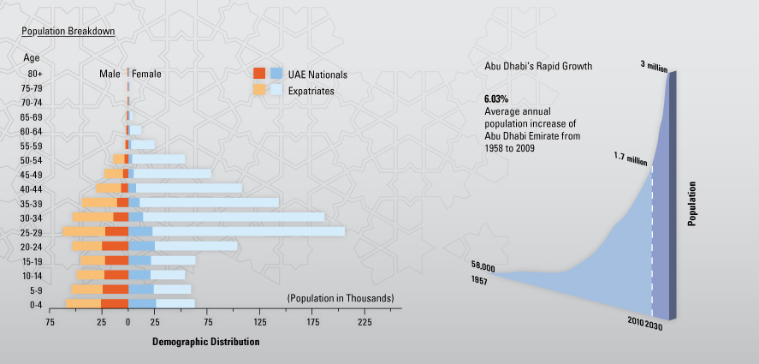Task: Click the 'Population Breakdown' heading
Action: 68,31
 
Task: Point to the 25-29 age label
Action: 32,232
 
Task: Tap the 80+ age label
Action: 34,74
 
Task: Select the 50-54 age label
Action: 32,160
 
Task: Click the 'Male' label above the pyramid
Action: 110,75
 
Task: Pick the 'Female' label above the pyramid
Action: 146,75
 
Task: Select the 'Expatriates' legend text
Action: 311,90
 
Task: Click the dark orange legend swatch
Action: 259,74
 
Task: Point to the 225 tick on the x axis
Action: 365,323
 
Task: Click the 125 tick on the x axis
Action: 260,323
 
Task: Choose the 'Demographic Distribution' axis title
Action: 205,341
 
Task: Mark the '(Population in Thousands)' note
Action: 341,298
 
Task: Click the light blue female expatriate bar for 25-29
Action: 248,231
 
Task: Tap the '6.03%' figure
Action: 497,99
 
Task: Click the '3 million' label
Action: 654,65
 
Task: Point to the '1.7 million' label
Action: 630,157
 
